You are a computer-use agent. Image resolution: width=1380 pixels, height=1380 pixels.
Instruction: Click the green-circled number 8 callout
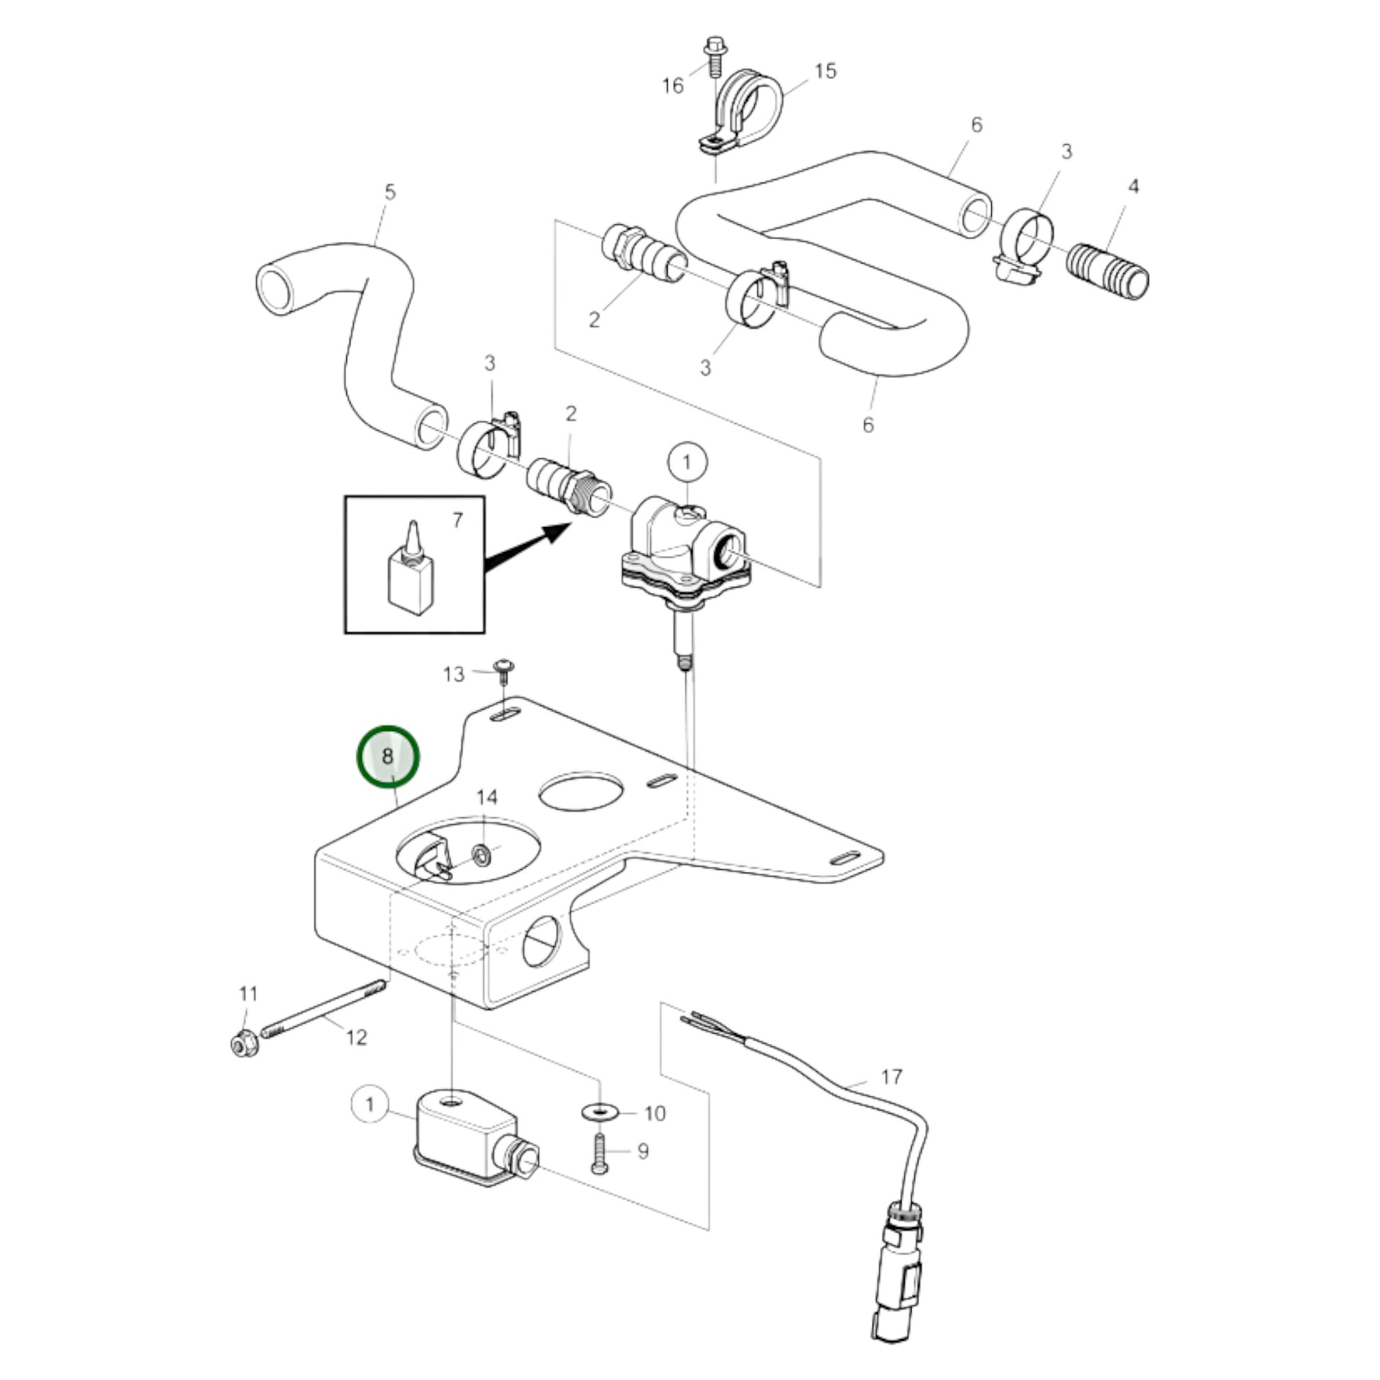(x=388, y=757)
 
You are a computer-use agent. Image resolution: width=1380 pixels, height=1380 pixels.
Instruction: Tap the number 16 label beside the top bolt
(x=673, y=86)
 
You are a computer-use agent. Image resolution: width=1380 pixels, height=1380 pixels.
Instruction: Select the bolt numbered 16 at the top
(x=713, y=55)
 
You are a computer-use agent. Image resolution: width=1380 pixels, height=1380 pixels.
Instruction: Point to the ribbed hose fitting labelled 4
(x=1108, y=272)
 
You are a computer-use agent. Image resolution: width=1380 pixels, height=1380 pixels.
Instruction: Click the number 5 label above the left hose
(x=389, y=192)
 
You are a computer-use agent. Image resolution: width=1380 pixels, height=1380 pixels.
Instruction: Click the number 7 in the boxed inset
(x=458, y=521)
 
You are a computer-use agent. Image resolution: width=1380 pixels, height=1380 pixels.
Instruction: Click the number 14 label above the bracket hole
(x=486, y=797)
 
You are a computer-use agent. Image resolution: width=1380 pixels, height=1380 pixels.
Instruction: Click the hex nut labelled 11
(x=242, y=1045)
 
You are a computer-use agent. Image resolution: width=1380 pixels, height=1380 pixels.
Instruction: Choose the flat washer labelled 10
(x=600, y=1111)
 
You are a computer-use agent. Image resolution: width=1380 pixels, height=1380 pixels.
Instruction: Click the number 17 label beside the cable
(x=892, y=1076)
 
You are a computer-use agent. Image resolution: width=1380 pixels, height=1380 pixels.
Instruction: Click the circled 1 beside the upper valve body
(x=687, y=462)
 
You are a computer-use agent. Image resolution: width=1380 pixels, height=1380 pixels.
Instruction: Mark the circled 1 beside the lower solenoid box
(x=369, y=1105)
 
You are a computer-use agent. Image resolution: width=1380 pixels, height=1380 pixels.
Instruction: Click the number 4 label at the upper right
(x=1133, y=187)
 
